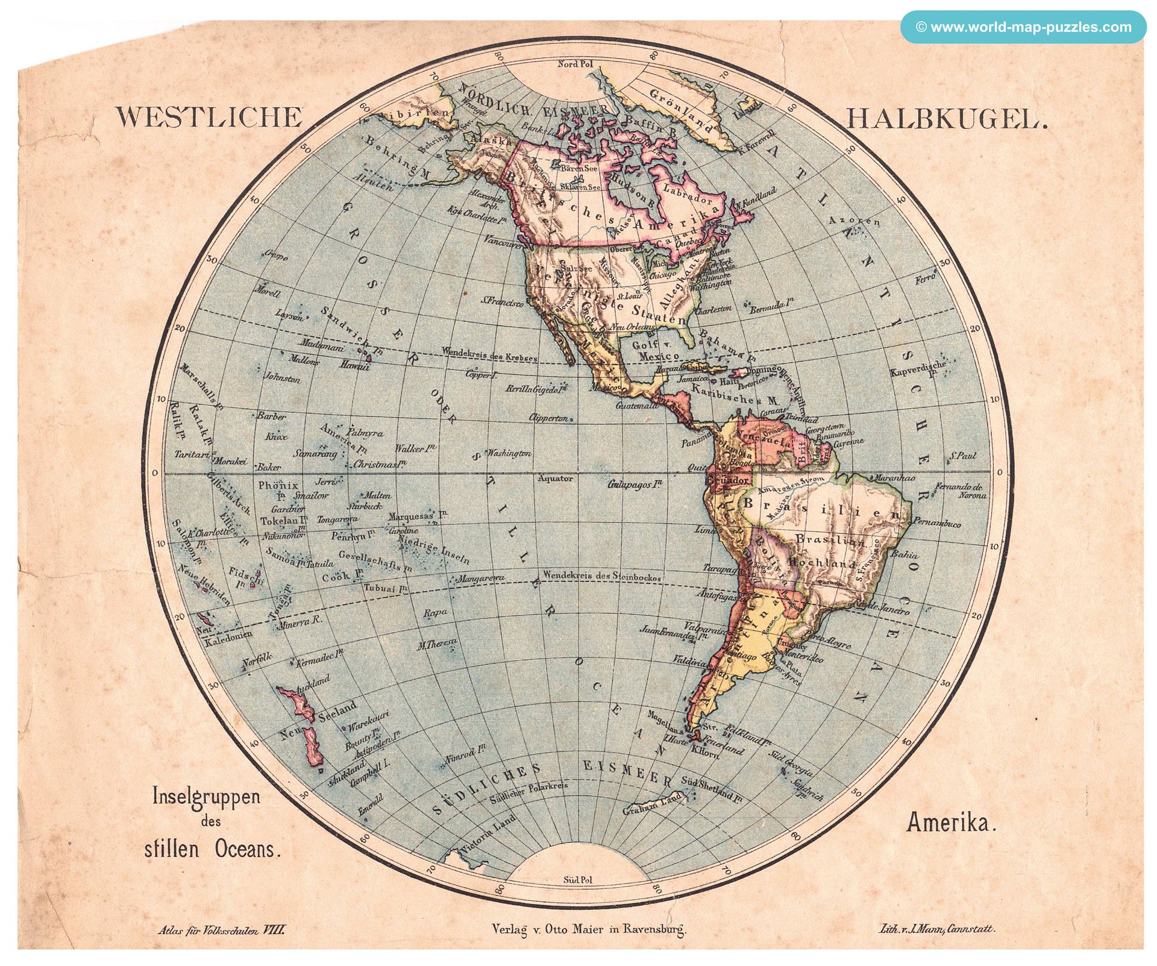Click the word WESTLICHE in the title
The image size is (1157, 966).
point(209,117)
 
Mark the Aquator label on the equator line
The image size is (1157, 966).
point(555,478)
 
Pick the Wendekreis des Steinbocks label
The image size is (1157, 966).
point(601,576)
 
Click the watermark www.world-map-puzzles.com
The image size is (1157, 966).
point(1023,27)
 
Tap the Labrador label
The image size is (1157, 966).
point(688,192)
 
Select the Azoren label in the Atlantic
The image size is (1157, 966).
point(854,221)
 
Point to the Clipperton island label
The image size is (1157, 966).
point(548,418)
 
